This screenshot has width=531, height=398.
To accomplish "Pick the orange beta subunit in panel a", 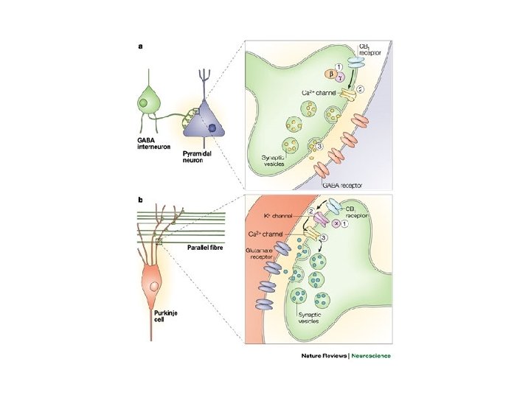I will point(330,76).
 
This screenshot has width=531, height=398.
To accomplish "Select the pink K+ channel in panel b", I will point(320,220).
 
